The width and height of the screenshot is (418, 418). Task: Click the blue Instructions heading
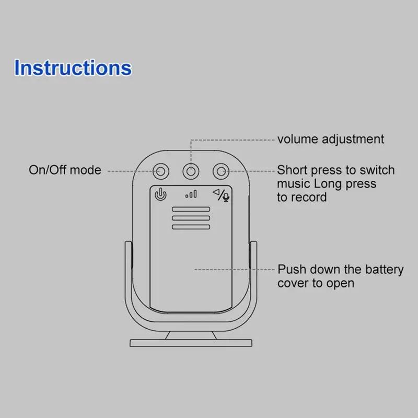(x=73, y=68)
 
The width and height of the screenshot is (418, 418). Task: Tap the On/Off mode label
(x=65, y=170)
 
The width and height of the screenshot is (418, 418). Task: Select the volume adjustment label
(x=330, y=139)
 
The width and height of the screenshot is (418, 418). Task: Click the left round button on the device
(x=161, y=171)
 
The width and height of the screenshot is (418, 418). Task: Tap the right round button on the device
(x=220, y=171)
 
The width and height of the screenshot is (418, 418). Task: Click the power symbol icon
(x=161, y=195)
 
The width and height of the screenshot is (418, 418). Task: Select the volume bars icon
(x=191, y=195)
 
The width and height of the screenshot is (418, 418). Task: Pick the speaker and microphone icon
(x=221, y=195)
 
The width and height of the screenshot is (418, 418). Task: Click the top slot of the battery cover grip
(x=191, y=210)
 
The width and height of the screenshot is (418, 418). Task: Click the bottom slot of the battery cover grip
(x=191, y=226)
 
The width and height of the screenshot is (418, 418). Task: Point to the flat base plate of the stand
(x=191, y=343)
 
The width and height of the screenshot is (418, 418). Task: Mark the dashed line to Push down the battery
(x=235, y=270)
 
